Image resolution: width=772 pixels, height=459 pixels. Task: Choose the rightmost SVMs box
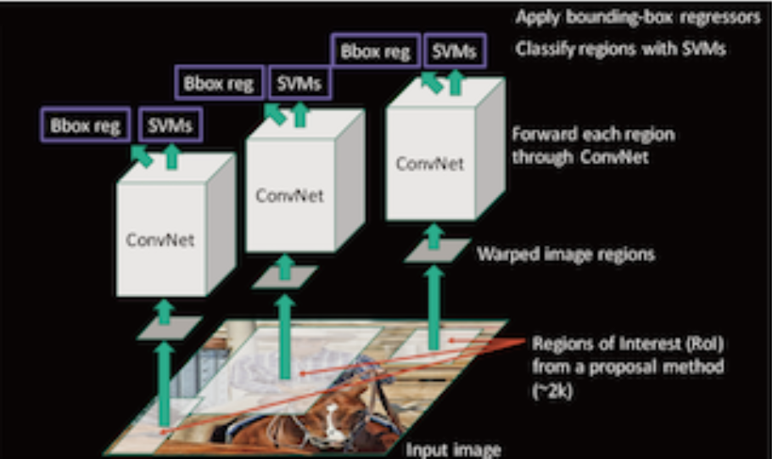coord(455,52)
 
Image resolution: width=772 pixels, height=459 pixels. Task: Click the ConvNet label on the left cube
coord(160,240)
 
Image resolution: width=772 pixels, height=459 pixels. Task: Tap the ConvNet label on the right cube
coord(430,164)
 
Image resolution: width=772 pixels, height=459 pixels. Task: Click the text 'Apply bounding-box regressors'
coord(638,19)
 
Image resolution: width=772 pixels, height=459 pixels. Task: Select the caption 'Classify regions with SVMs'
coord(623,49)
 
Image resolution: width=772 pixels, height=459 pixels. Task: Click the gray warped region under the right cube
coord(437,250)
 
